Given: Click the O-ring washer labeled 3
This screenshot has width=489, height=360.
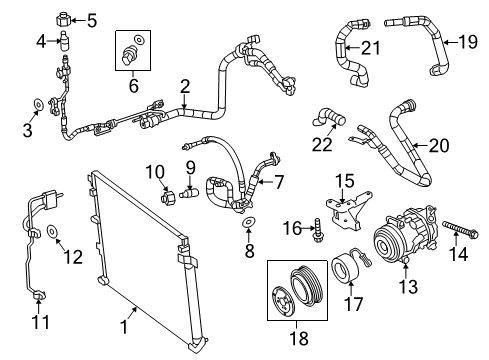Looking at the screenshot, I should (x=38, y=103).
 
